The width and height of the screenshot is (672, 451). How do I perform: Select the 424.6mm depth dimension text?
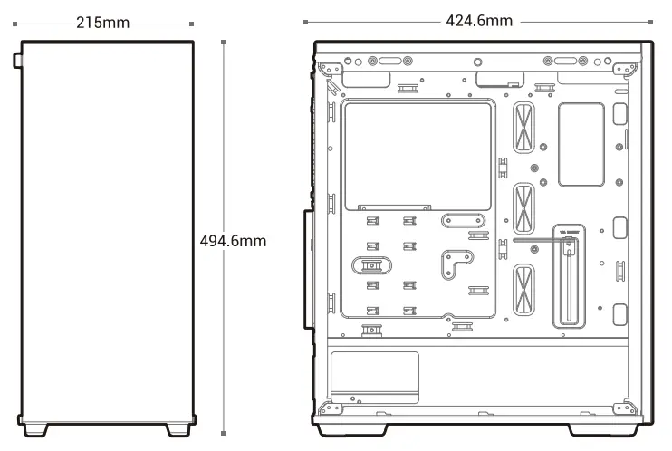point(479,20)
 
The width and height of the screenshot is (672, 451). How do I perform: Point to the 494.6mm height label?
point(233,241)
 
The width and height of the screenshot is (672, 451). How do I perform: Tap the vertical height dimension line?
point(225,136)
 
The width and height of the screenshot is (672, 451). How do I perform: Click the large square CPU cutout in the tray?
point(418,155)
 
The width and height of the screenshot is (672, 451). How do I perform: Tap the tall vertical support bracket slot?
point(568,275)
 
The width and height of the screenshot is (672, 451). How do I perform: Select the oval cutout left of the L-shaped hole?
point(370,264)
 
